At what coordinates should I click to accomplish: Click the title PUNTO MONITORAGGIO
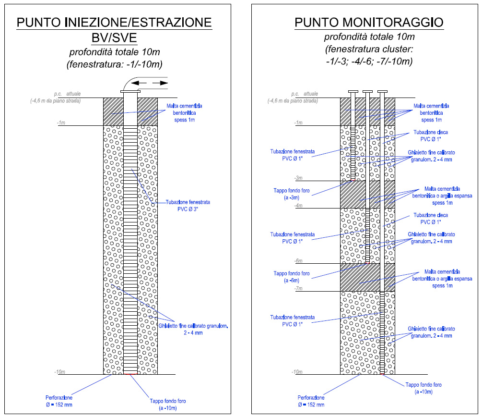click(369, 23)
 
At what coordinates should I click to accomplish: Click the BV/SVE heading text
click(114, 38)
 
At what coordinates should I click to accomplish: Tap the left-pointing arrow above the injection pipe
click(139, 83)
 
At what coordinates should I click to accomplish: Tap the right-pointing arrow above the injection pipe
click(160, 83)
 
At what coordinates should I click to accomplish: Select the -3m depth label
click(298, 178)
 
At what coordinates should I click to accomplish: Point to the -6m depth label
click(298, 261)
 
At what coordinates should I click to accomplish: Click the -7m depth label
click(298, 289)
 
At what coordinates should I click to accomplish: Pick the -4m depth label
click(298, 206)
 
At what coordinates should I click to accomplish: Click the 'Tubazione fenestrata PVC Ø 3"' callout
click(188, 206)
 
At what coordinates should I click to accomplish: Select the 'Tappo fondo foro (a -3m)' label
click(292, 194)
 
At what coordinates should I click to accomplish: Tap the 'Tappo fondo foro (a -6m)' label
click(292, 277)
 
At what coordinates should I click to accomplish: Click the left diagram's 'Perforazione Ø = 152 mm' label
click(59, 401)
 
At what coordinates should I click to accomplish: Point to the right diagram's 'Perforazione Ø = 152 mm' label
click(311, 401)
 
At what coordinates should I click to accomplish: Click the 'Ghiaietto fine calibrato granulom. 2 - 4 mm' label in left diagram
click(193, 329)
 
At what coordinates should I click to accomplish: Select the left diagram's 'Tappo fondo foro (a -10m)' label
click(168, 405)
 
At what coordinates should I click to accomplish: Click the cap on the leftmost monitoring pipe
click(353, 91)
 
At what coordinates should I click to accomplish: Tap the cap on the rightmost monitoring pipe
click(382, 91)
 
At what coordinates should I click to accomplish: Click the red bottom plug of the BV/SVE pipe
click(130, 374)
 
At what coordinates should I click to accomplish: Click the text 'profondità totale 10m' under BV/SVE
click(115, 52)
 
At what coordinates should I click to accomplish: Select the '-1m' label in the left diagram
click(61, 123)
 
